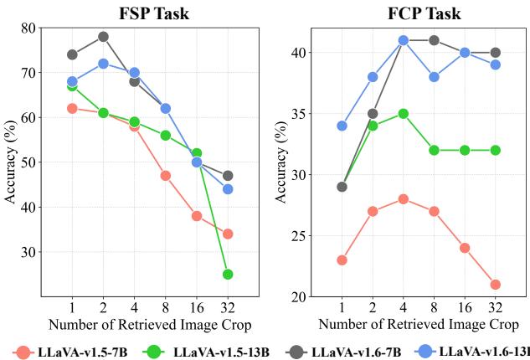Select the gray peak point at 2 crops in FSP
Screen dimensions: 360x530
tap(103, 37)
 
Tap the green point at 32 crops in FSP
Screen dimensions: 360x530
tap(227, 274)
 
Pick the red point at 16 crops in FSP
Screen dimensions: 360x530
tap(197, 215)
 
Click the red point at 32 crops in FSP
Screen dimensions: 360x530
tap(227, 234)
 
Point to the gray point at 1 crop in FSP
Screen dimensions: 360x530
tap(72, 54)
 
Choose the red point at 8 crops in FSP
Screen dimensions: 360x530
tap(165, 176)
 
